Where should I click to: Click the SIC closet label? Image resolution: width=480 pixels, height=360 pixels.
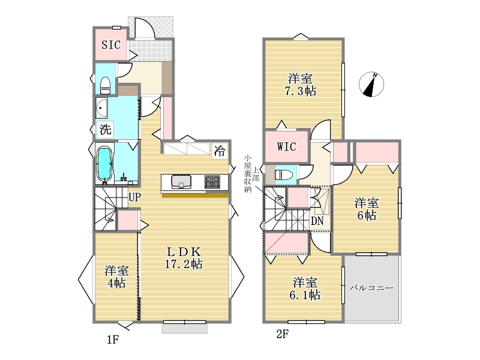pyautogui.click(x=111, y=45)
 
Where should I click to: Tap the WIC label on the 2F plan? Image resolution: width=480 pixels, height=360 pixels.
pyautogui.click(x=287, y=146)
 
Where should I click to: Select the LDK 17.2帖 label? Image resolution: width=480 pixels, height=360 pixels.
pyautogui.click(x=184, y=258)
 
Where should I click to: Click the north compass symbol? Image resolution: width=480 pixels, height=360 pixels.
pyautogui.click(x=371, y=85)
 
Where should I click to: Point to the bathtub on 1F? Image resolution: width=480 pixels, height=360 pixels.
pyautogui.click(x=104, y=163)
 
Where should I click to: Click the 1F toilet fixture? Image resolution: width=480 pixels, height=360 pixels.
pyautogui.click(x=106, y=85)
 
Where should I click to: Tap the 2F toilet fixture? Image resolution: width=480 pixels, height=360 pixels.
pyautogui.click(x=284, y=175)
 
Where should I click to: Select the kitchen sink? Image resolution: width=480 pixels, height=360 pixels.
pyautogui.click(x=181, y=181)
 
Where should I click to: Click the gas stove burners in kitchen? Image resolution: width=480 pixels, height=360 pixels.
pyautogui.click(x=212, y=182)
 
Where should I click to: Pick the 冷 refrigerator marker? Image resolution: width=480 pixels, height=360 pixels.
pyautogui.click(x=220, y=151)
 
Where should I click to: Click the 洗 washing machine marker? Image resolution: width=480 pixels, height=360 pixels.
pyautogui.click(x=105, y=129)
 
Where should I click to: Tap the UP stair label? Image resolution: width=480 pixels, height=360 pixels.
pyautogui.click(x=134, y=197)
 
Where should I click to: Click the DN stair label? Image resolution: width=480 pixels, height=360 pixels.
pyautogui.click(x=317, y=221)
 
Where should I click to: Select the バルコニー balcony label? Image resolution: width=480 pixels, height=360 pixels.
pyautogui.click(x=371, y=288)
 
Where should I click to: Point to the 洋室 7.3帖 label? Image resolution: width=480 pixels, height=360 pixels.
pyautogui.click(x=301, y=85)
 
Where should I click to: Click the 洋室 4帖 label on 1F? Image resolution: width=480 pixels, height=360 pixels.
pyautogui.click(x=116, y=277)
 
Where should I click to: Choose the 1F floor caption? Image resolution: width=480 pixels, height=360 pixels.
pyautogui.click(x=113, y=340)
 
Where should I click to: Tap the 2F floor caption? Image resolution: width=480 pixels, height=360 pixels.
pyautogui.click(x=282, y=334)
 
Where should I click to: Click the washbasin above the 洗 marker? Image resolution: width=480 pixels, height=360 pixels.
pyautogui.click(x=101, y=108)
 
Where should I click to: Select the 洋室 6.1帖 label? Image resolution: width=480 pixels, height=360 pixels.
pyautogui.click(x=305, y=289)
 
